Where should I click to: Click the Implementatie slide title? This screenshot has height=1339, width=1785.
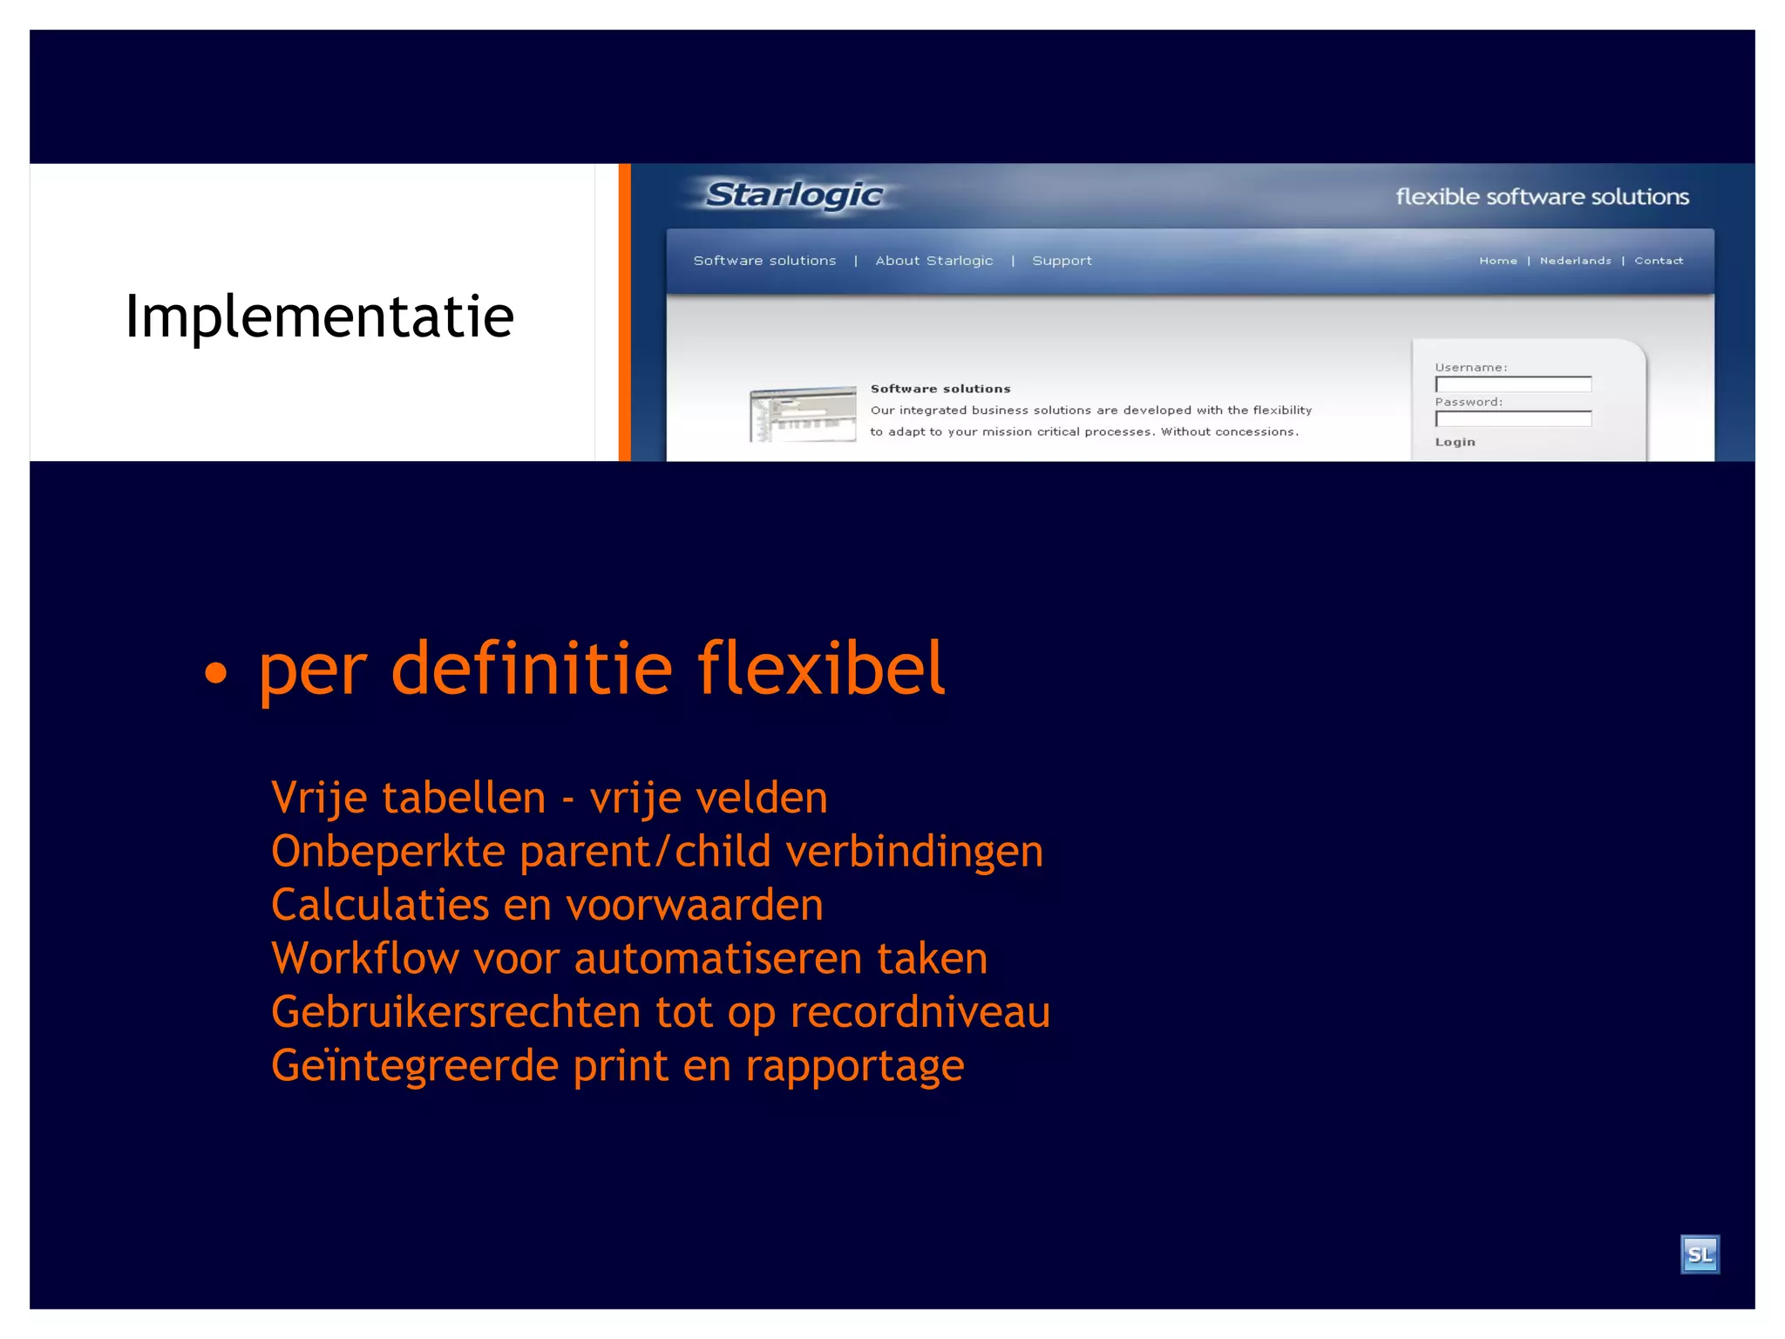pos(319,316)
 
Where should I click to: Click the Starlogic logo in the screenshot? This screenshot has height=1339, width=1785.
pos(794,195)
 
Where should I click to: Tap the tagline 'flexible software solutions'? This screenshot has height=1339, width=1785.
pos(1542,197)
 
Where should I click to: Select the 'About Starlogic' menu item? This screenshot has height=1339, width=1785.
pos(933,261)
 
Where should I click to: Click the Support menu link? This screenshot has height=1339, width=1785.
pos(1062,261)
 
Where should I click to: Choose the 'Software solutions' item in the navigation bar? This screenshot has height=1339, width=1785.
pos(764,261)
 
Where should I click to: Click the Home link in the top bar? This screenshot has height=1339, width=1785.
pos(1497,261)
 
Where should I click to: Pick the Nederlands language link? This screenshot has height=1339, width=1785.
pos(1575,261)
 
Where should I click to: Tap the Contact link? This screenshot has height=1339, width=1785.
pos(1659,261)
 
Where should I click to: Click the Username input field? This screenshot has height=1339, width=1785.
pos(1513,384)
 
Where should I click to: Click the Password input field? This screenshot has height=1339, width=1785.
pos(1513,419)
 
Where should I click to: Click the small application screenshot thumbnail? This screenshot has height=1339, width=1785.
pos(803,414)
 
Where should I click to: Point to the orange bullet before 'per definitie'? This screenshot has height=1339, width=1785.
pos(215,672)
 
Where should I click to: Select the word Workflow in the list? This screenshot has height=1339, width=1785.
pos(365,959)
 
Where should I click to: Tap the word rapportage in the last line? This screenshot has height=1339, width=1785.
pos(854,1066)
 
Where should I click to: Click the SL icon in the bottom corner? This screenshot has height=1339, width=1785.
pos(1700,1254)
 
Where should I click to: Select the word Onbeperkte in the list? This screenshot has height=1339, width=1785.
pos(388,852)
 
